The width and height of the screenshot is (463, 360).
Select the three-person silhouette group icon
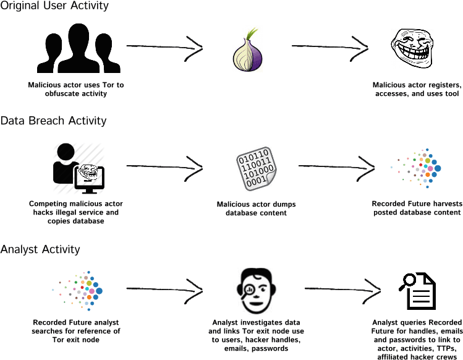(x=75, y=49)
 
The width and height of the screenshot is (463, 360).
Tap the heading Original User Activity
(x=54, y=6)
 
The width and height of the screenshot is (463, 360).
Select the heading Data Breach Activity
(x=53, y=121)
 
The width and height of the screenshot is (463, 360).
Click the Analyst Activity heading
(x=40, y=249)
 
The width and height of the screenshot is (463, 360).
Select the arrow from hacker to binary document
(x=164, y=166)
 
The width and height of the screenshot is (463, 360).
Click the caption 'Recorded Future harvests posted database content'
(x=416, y=208)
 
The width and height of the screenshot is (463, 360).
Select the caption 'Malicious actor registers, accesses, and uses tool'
(x=416, y=89)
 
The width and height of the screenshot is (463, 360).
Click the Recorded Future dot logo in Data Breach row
(x=418, y=167)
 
